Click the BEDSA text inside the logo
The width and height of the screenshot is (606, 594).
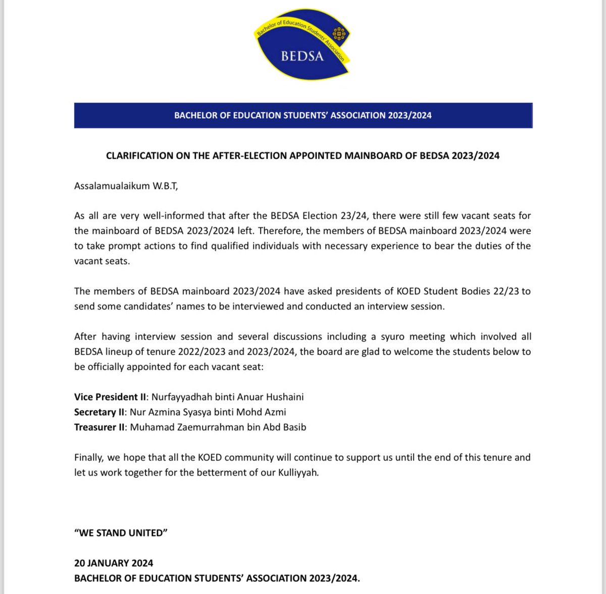302,56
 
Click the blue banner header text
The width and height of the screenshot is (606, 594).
303,115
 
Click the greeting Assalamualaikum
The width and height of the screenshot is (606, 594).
112,186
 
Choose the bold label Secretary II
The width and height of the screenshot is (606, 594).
99,412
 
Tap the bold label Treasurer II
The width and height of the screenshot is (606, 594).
99,427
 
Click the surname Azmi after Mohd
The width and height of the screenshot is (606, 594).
275,412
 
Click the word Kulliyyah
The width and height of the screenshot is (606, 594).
298,473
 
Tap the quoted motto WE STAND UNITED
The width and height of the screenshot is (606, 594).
121,533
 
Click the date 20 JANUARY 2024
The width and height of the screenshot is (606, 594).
114,563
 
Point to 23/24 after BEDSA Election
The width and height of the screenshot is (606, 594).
352,216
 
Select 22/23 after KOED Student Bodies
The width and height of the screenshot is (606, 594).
507,291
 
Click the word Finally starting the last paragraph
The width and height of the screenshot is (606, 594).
89,458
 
